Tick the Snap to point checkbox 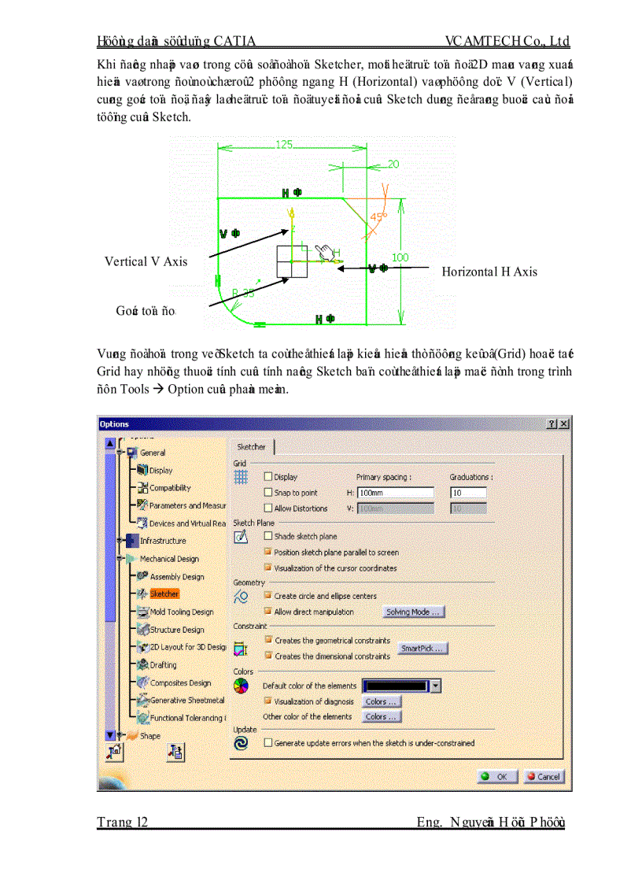click(268, 493)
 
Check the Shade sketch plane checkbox click(268, 536)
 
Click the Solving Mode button click(414, 612)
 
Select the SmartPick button click(422, 649)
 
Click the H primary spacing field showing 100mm click(395, 493)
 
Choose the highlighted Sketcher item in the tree click(164, 594)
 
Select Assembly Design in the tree click(176, 577)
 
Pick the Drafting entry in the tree click(163, 665)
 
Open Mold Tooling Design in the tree click(181, 612)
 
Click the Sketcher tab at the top click(251, 447)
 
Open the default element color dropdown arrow click(435, 686)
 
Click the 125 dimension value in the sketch click(284, 145)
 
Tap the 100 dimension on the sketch click(400, 257)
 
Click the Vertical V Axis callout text click(146, 262)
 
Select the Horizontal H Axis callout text click(489, 272)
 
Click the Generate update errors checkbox click(268, 742)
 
